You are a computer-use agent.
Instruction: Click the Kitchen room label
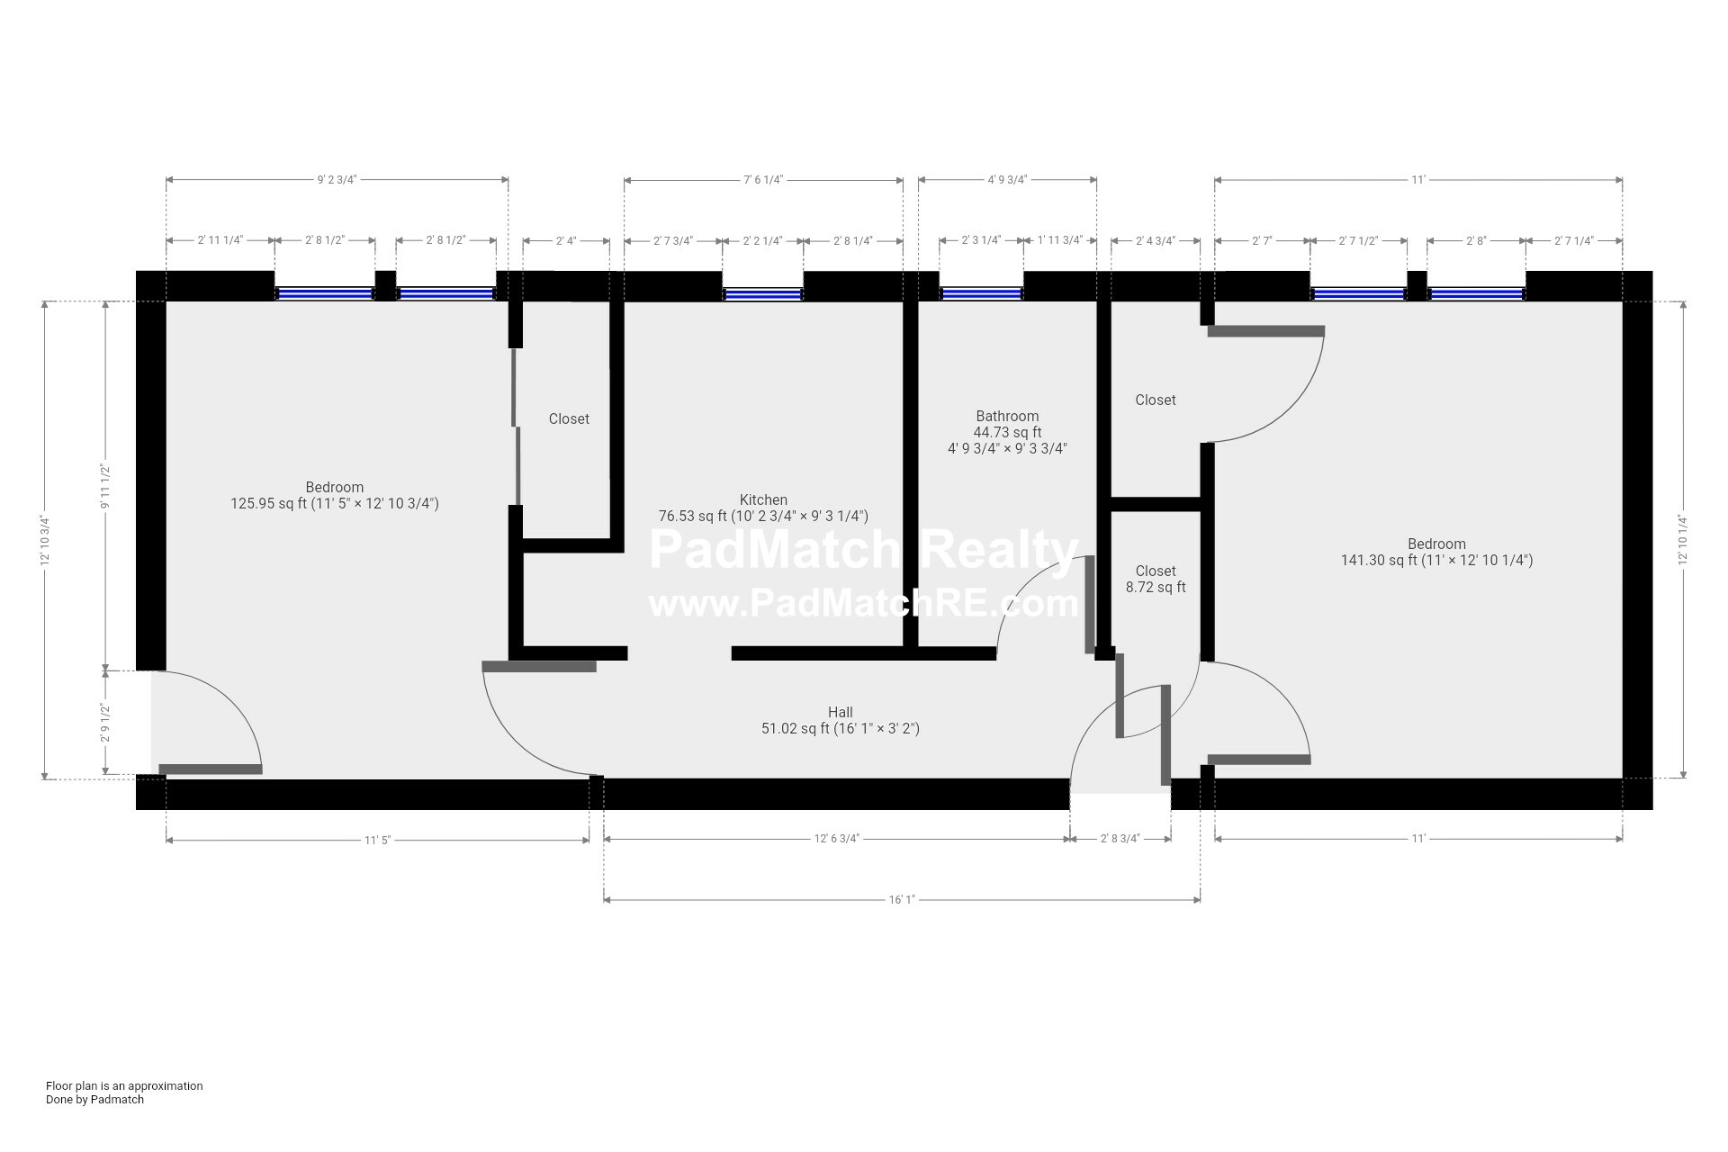tap(763, 500)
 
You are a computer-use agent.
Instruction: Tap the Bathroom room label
tap(1007, 417)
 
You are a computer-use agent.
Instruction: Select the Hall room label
tap(840, 713)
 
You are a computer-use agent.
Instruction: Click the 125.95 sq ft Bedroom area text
tap(335, 504)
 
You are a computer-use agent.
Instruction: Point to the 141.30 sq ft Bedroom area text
tap(1436, 560)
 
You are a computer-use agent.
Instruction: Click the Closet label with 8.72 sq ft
tap(1156, 579)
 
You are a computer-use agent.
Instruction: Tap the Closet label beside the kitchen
tap(569, 419)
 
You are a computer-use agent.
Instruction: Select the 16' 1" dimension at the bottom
tap(901, 899)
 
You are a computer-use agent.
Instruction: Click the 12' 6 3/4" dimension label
tap(836, 839)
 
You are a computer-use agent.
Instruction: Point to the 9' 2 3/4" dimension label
tap(337, 179)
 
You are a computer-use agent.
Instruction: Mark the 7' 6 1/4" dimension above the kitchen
tap(763, 179)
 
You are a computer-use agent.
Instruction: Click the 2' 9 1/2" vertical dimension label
tap(105, 723)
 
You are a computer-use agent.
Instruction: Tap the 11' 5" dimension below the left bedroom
tap(377, 840)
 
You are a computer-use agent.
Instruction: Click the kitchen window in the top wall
tap(763, 293)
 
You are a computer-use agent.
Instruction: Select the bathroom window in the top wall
tap(982, 293)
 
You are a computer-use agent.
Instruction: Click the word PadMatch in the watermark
tap(773, 550)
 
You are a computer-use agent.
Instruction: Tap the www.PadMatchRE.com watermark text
tap(863, 603)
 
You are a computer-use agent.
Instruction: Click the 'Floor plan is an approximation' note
tap(124, 1085)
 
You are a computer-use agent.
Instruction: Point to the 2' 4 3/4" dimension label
tap(1156, 240)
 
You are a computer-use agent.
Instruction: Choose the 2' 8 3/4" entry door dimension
tap(1120, 839)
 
